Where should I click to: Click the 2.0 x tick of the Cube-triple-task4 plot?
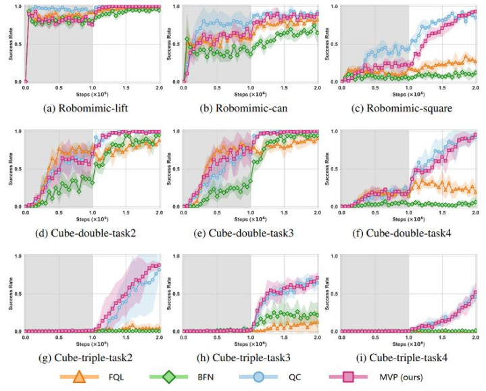(x=475, y=337)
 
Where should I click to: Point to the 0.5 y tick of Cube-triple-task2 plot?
(x=18, y=294)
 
